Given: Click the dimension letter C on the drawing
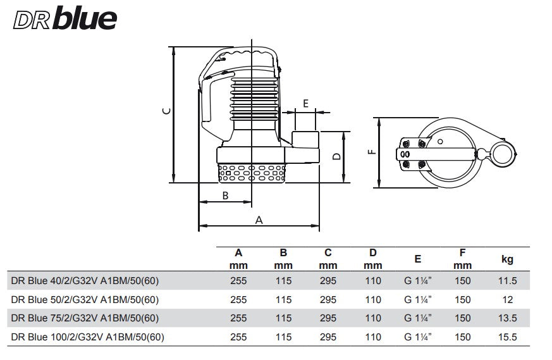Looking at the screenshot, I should pyautogui.click(x=166, y=111).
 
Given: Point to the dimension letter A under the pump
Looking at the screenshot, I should pyautogui.click(x=258, y=220).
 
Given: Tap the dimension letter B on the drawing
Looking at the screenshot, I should pyautogui.click(x=225, y=196).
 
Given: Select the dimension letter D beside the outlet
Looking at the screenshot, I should pyautogui.click(x=337, y=156).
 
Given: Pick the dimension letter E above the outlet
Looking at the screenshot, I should pyautogui.click(x=306, y=103).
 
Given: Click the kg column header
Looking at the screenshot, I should pyautogui.click(x=507, y=259).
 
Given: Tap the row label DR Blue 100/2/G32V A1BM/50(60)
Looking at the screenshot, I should pyautogui.click(x=88, y=337).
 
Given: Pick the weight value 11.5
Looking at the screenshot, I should pyautogui.click(x=507, y=282).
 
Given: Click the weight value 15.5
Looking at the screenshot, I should pyautogui.click(x=507, y=337).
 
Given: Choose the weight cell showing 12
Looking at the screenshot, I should pyautogui.click(x=507, y=300).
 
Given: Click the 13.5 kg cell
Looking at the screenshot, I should pyautogui.click(x=507, y=319).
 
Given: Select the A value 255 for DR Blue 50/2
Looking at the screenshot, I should pyautogui.click(x=238, y=300).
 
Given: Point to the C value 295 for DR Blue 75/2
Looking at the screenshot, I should pyautogui.click(x=328, y=319).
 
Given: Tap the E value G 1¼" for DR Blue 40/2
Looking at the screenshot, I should pyautogui.click(x=418, y=282).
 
